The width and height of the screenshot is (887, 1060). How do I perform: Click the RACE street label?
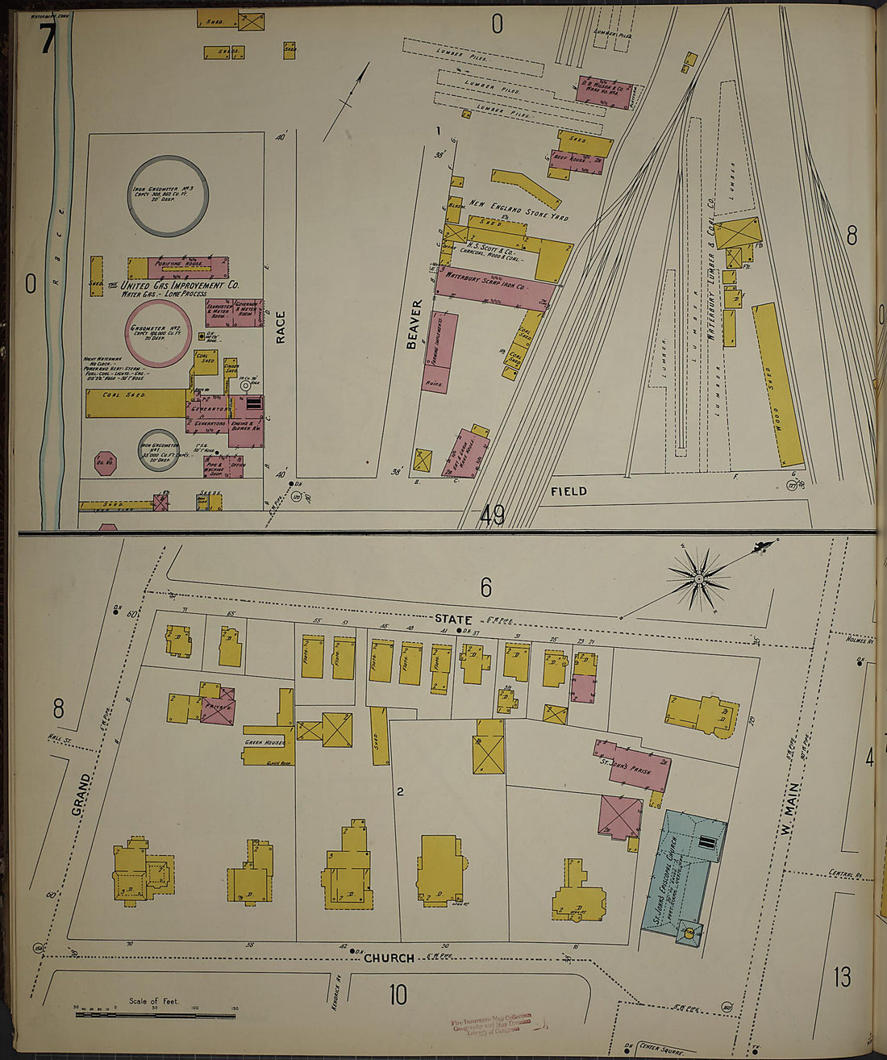click(281, 328)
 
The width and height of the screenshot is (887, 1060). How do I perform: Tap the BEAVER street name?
click(414, 324)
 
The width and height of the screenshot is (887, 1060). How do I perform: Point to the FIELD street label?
click(568, 490)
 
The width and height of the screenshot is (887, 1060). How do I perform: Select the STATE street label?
click(453, 619)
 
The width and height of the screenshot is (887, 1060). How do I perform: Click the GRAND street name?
click(81, 794)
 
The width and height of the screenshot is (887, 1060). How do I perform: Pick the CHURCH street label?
click(389, 958)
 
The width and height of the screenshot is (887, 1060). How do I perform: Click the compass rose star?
click(698, 578)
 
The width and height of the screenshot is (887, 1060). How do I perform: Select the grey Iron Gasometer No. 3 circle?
click(169, 195)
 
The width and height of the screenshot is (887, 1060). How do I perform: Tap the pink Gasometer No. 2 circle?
click(158, 332)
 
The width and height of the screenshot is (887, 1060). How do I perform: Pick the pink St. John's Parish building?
click(633, 765)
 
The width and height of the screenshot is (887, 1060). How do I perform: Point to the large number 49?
click(492, 513)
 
